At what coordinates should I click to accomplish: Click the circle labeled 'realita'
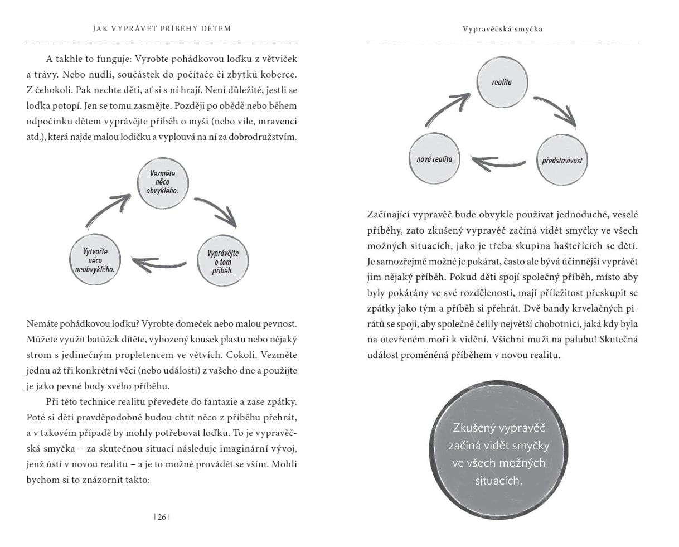click(x=502, y=82)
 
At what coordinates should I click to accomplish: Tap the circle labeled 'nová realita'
click(x=434, y=159)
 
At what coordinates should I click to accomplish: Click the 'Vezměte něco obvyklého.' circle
click(x=163, y=182)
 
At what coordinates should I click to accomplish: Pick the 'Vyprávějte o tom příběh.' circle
click(x=223, y=262)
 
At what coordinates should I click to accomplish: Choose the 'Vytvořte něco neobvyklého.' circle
click(x=95, y=260)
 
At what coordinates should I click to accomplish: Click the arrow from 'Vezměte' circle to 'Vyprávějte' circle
click(x=218, y=212)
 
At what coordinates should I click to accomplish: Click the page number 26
click(x=162, y=517)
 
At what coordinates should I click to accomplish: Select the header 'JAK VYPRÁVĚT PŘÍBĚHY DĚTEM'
click(x=162, y=28)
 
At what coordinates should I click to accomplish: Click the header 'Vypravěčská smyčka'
click(x=502, y=29)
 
